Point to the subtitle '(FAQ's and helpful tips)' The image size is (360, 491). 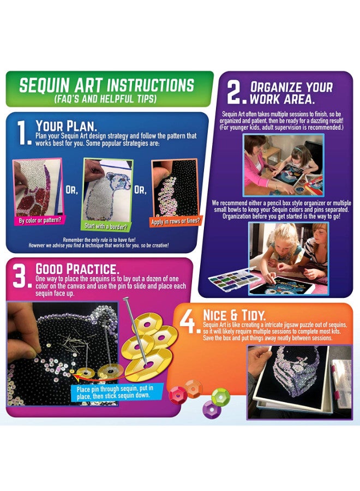point(106,99)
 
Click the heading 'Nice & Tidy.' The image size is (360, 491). point(230,315)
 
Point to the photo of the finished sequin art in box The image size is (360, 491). point(299,381)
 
